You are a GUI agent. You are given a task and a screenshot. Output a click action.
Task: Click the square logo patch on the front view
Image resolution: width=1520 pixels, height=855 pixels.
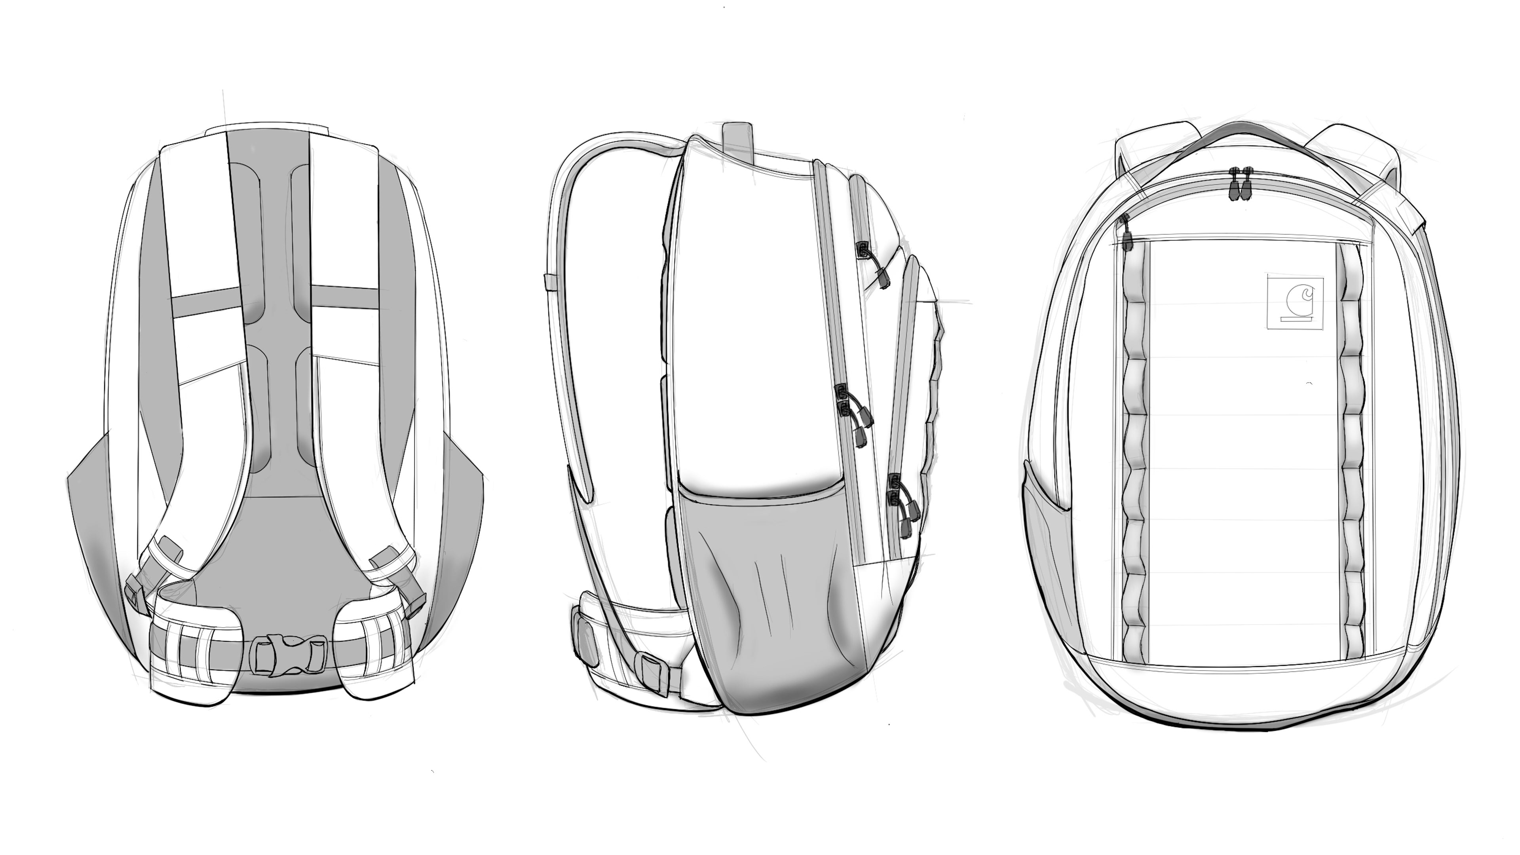tap(1287, 302)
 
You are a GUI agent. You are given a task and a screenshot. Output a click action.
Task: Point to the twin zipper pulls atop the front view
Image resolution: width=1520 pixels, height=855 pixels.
tap(1239, 184)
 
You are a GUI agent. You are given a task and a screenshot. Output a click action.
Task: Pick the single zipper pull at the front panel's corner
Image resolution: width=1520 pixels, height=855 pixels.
tap(1126, 234)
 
